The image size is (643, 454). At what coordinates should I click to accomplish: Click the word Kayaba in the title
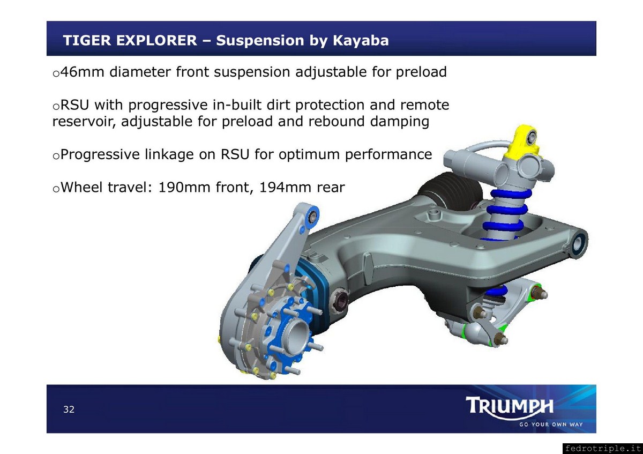(361, 41)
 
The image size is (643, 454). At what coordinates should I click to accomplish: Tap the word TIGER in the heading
(87, 40)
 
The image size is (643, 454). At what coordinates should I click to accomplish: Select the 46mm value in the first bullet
(83, 71)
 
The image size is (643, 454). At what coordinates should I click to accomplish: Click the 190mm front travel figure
(184, 187)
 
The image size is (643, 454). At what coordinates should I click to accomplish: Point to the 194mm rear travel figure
(285, 187)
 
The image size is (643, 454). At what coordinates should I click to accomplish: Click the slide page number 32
(69, 409)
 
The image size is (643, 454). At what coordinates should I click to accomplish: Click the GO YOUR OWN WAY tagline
(551, 425)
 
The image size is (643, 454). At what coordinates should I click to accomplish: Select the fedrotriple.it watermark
(602, 448)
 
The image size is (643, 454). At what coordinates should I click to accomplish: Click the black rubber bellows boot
(451, 192)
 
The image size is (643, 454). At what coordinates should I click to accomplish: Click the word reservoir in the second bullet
(84, 121)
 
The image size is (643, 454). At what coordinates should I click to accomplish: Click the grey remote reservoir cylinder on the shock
(474, 163)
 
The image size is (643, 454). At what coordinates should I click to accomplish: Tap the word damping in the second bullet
(400, 122)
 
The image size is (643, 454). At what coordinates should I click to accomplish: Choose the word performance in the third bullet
(388, 155)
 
